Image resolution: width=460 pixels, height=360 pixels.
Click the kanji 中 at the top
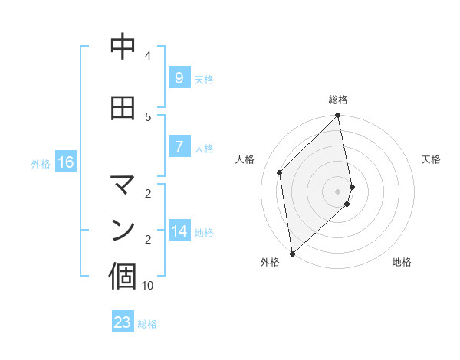pyautogui.click(x=123, y=47)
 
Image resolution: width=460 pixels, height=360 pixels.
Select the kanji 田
pyautogui.click(x=123, y=109)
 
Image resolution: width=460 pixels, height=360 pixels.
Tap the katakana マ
pyautogui.click(x=123, y=184)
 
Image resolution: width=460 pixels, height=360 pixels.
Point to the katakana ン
pyautogui.click(x=123, y=229)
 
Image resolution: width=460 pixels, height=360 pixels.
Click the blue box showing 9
pyautogui.click(x=179, y=78)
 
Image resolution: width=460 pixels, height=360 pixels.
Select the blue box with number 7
pyautogui.click(x=179, y=147)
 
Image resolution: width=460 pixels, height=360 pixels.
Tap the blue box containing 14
pyautogui.click(x=179, y=231)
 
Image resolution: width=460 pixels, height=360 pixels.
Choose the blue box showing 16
pyautogui.click(x=66, y=162)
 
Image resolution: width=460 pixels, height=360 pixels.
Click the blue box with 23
pyautogui.click(x=123, y=322)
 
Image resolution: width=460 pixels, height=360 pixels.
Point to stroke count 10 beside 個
pyautogui.click(x=148, y=286)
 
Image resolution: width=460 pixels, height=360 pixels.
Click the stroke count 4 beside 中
pyautogui.click(x=148, y=56)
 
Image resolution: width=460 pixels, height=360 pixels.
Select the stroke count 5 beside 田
pyautogui.click(x=148, y=117)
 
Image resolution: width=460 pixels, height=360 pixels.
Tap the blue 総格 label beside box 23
pyautogui.click(x=148, y=324)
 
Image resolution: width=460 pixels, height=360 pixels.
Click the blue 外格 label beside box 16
pyautogui.click(x=40, y=163)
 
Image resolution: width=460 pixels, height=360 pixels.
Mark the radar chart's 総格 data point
pyautogui.click(x=338, y=116)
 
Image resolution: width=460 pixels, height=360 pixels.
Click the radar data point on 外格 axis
pyautogui.click(x=292, y=253)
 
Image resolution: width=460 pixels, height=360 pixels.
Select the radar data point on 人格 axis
pyautogui.click(x=280, y=172)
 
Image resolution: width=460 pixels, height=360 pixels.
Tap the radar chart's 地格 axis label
pyautogui.click(x=402, y=263)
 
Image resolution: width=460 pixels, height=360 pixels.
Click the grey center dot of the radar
pyautogui.click(x=337, y=191)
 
